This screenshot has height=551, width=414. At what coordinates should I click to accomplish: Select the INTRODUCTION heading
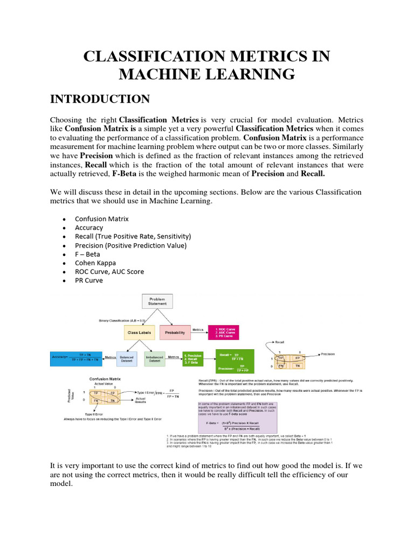(x=100, y=98)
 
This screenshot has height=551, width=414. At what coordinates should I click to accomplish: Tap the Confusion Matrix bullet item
(x=102, y=219)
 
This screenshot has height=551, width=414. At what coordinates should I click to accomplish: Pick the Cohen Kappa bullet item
(x=95, y=263)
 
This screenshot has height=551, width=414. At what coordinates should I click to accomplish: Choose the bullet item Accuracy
(x=89, y=228)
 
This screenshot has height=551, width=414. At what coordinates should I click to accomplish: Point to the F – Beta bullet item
(x=87, y=254)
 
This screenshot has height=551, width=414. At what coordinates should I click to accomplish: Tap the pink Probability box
(x=175, y=333)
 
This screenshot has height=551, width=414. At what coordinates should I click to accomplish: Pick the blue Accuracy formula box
(x=75, y=357)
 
